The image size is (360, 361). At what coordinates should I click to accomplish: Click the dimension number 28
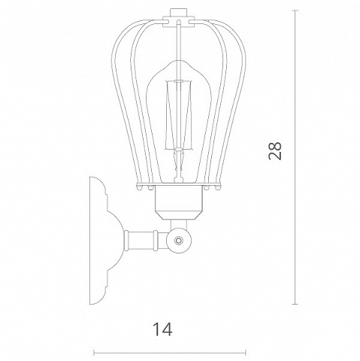coord(275,151)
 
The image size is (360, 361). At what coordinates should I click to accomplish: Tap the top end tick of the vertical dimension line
coord(295,11)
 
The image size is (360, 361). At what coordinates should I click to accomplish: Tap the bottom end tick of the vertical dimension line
coord(295,304)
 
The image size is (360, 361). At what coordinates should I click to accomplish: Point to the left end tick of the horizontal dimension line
coord(94,353)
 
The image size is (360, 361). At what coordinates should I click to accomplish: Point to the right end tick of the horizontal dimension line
coord(246,353)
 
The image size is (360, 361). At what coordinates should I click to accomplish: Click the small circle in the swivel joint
coord(179,240)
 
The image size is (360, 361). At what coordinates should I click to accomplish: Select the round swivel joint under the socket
coord(179,240)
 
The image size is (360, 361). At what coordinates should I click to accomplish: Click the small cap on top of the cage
coord(178,12)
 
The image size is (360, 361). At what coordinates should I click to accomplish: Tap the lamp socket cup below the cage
coord(178,202)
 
